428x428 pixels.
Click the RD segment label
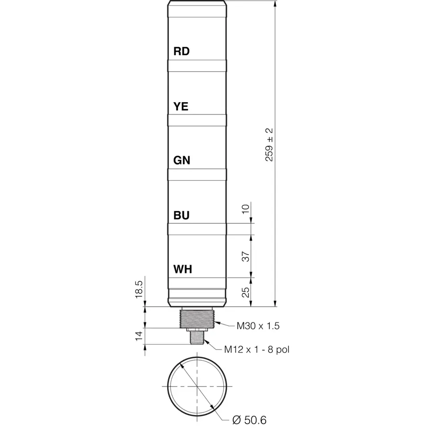181,51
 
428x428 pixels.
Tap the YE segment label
181,106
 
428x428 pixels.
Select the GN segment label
182,160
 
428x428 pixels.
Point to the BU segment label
181,215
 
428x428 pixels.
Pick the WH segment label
183,269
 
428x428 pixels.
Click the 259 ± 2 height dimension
269,144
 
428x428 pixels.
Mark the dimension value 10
246,209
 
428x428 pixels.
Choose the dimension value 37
246,257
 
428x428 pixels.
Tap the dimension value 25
246,292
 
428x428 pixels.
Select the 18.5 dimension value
139,289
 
